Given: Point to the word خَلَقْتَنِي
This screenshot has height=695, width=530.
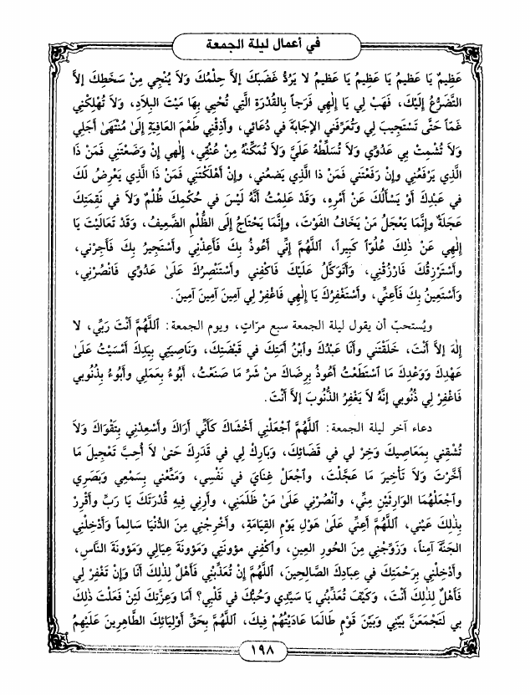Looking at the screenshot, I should [423, 347].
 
